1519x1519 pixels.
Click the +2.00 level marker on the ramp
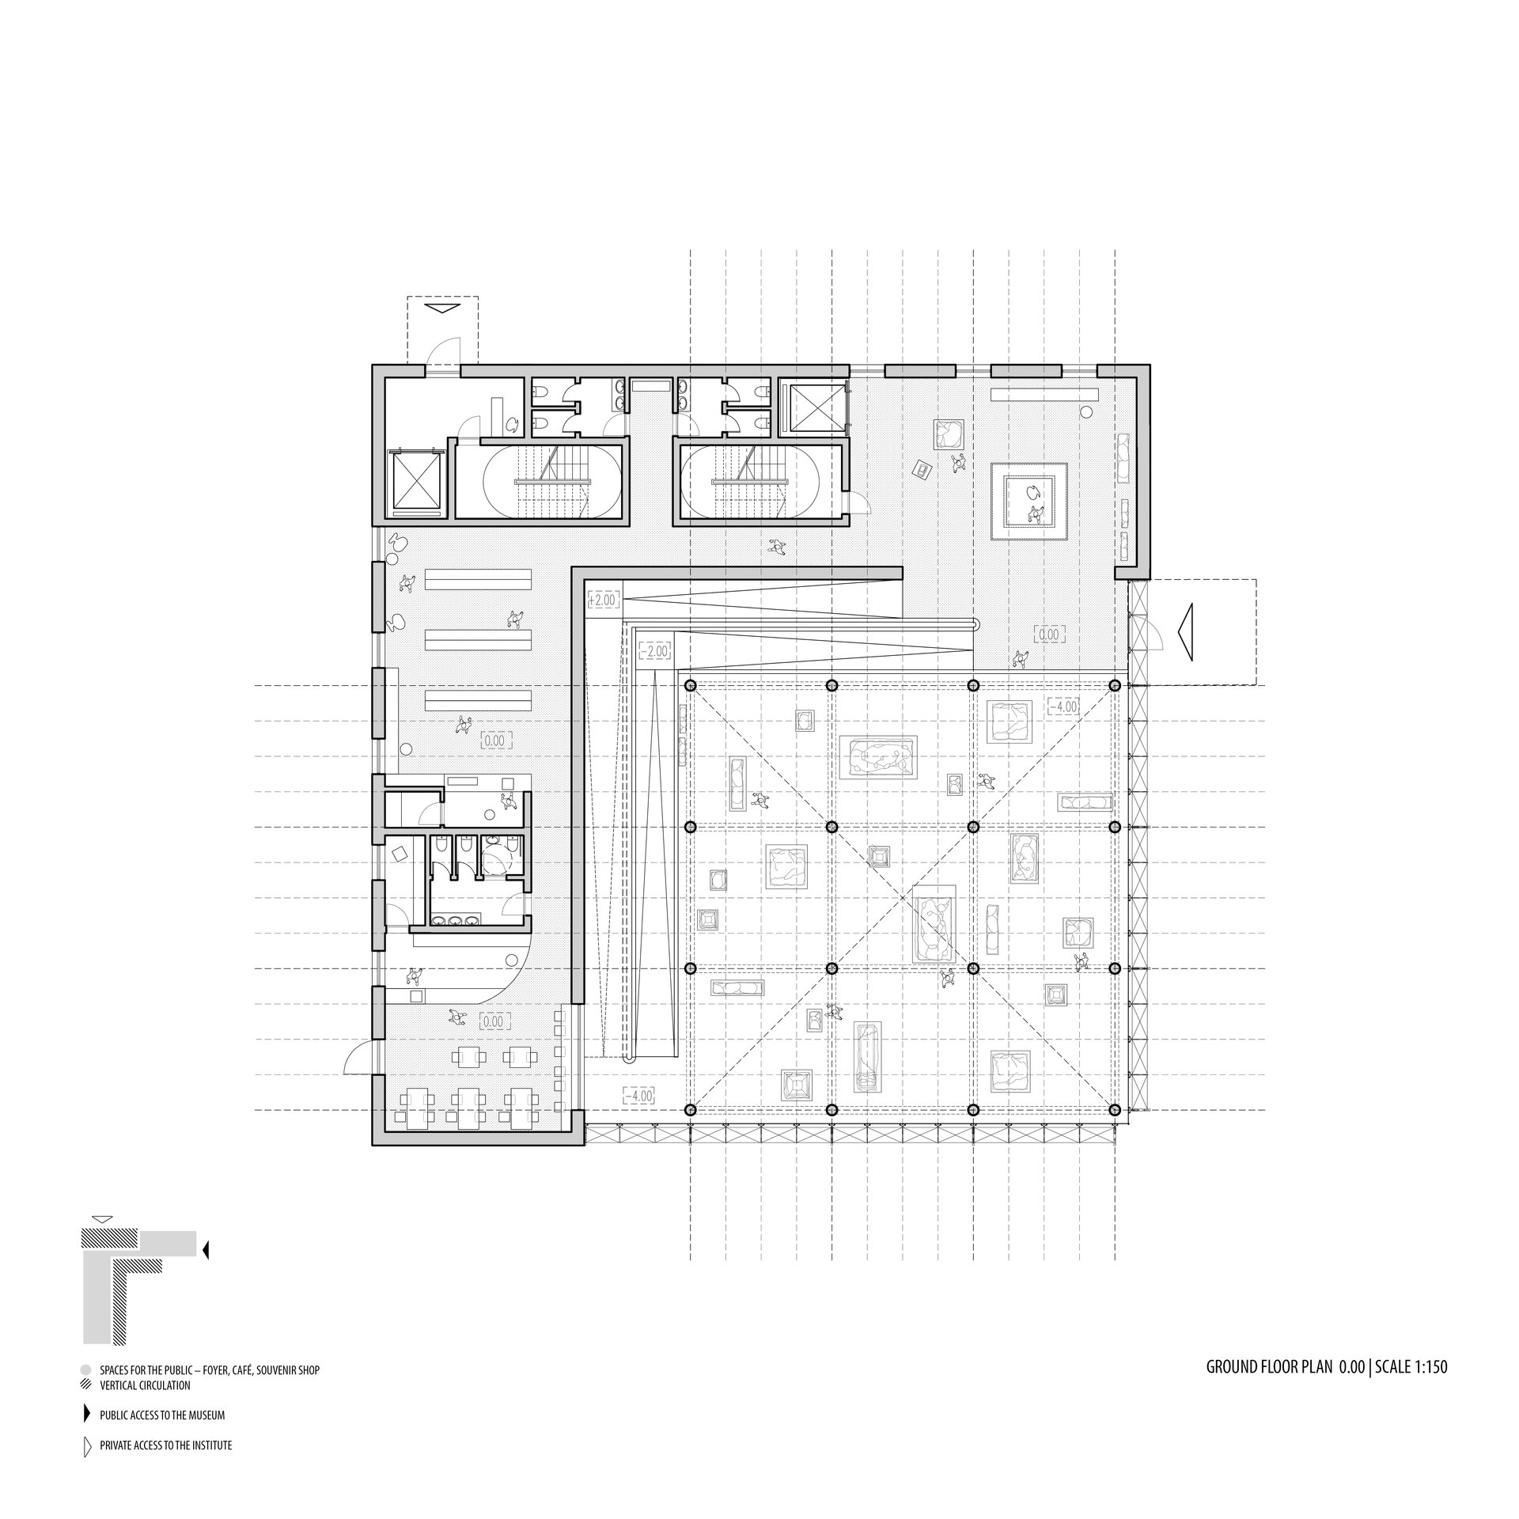coord(603,600)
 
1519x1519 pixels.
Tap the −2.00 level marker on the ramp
coord(653,651)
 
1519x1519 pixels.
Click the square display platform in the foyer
coord(1029,502)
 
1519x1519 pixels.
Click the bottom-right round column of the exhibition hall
coord(1115,1110)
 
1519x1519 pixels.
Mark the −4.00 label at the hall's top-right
coord(1063,706)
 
